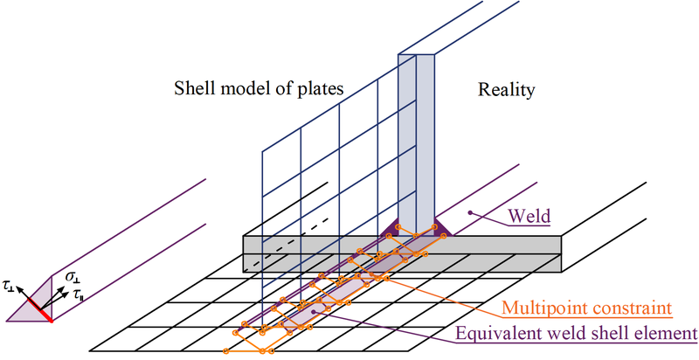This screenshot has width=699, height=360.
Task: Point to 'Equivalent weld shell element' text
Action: pyautogui.click(x=578, y=332)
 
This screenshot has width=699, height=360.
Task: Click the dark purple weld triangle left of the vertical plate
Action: pyautogui.click(x=389, y=228)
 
